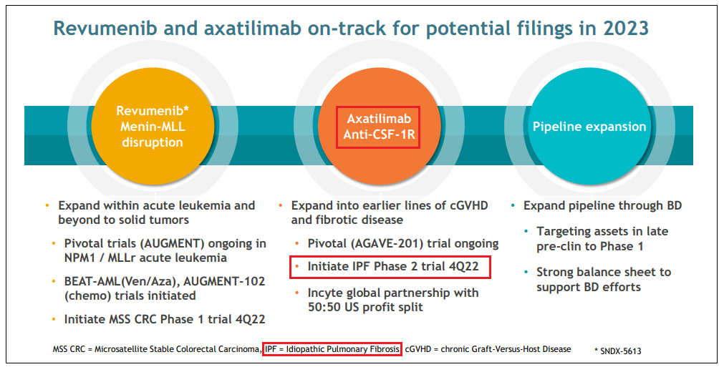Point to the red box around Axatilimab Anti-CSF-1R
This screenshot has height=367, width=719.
(x=378, y=128)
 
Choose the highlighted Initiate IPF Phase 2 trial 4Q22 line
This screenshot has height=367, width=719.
(x=391, y=267)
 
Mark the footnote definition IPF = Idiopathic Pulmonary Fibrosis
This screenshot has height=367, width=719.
(x=332, y=348)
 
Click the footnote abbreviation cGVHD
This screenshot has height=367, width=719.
(x=421, y=349)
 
